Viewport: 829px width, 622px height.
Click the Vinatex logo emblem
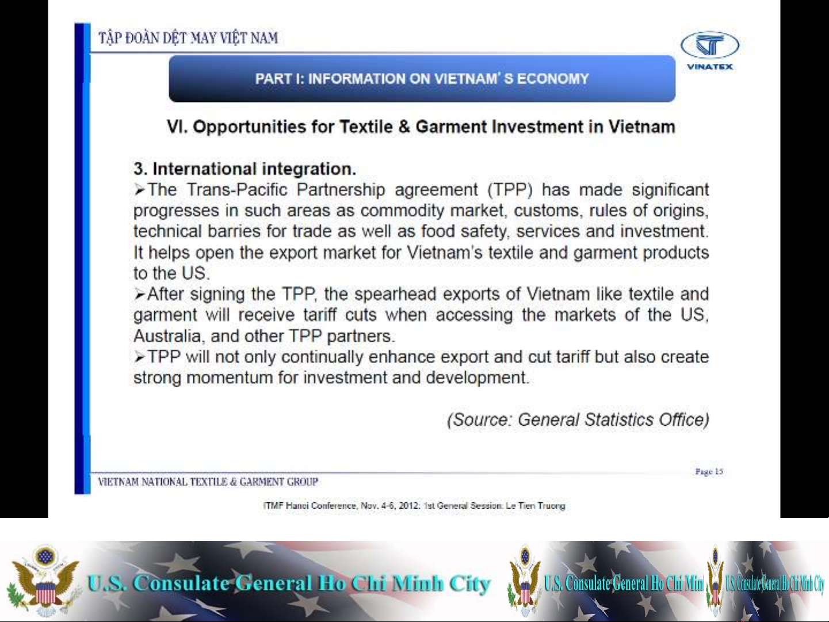coord(710,45)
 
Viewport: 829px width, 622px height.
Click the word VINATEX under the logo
coord(710,67)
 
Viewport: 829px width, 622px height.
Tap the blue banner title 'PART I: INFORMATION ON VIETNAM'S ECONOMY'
coord(422,79)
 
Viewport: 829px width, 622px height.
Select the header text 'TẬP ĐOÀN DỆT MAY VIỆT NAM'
coord(188,38)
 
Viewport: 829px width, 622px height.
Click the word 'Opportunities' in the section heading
coord(249,127)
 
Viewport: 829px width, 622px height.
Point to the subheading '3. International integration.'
coord(245,169)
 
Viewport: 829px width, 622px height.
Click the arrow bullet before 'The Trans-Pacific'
coord(139,189)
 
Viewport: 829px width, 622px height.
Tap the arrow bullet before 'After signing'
coord(139,294)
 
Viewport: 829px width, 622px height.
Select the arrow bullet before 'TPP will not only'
coord(139,357)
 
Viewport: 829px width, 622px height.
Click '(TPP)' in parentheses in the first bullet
coord(510,189)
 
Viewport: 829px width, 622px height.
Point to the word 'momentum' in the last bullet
coord(230,377)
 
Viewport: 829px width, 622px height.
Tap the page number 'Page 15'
coord(709,471)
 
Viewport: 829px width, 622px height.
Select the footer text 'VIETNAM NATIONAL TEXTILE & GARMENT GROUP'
coord(208,482)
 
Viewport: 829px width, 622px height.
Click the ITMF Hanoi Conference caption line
coord(414,506)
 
